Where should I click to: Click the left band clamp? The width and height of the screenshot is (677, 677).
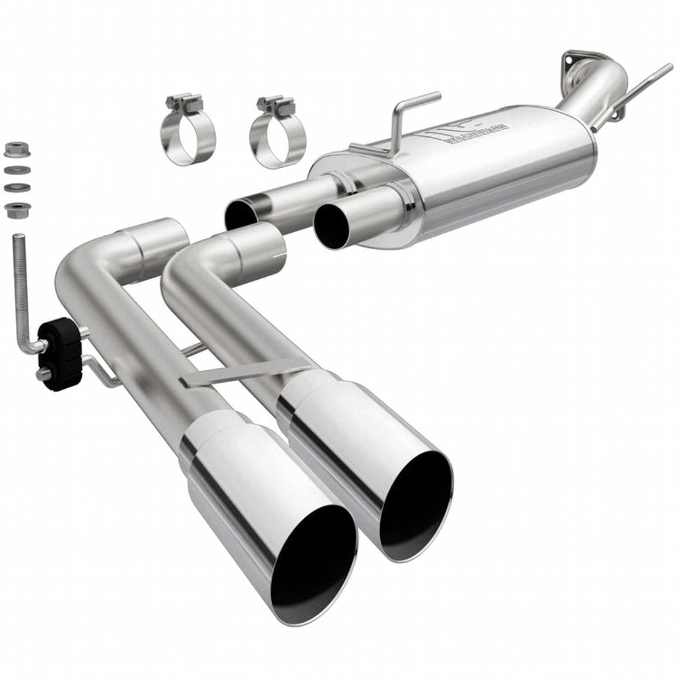[x=187, y=132]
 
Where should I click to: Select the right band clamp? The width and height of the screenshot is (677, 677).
[x=278, y=136]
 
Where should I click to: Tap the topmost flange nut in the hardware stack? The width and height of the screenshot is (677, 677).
[x=13, y=150]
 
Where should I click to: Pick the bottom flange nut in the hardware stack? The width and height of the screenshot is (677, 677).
[x=13, y=210]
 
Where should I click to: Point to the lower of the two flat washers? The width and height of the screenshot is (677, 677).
[x=13, y=188]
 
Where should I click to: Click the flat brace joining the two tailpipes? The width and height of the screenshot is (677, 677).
[x=245, y=374]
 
